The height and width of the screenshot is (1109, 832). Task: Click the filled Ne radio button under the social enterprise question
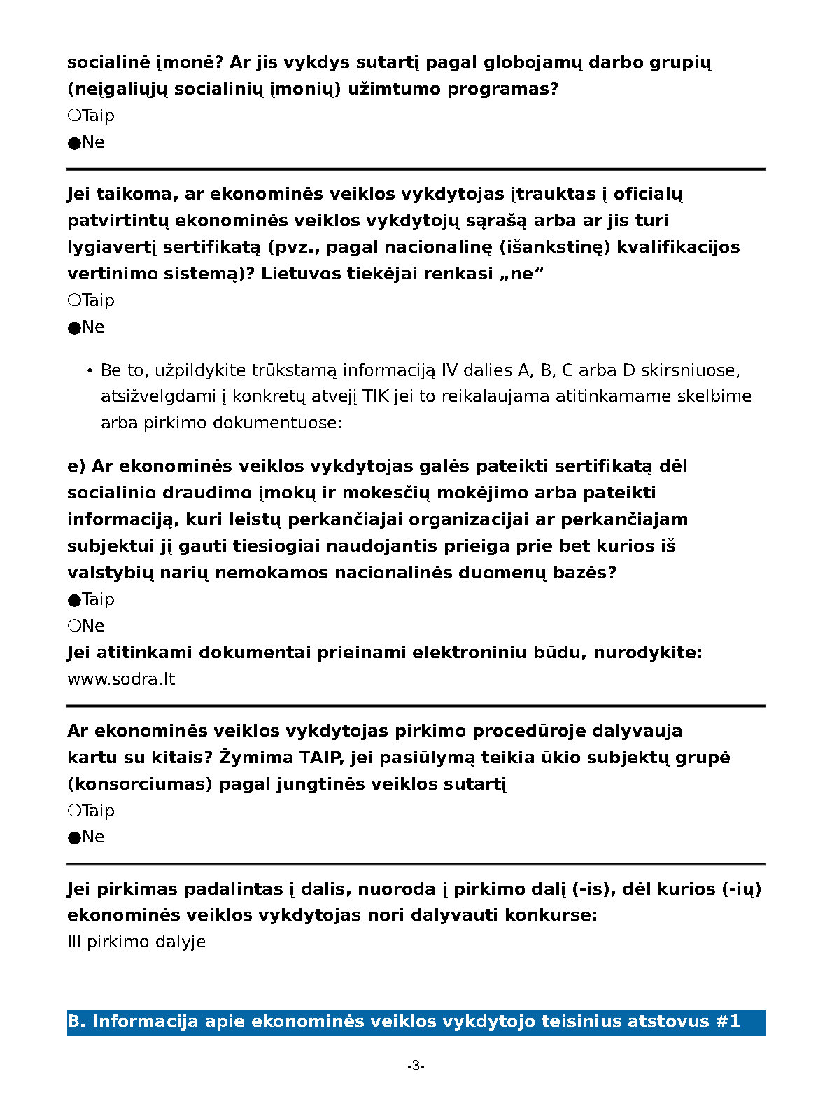pyautogui.click(x=74, y=143)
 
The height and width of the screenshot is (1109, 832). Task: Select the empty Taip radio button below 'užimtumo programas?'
pyautogui.click(x=74, y=116)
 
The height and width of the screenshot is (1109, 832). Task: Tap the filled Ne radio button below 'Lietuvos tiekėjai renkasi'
pyautogui.click(x=74, y=328)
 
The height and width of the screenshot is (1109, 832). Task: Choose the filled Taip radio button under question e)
pyautogui.click(x=74, y=600)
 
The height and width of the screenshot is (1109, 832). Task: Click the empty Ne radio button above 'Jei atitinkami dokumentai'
pyautogui.click(x=74, y=626)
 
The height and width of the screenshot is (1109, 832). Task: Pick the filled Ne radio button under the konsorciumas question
pyautogui.click(x=74, y=837)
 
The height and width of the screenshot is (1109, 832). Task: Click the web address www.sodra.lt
pyautogui.click(x=121, y=679)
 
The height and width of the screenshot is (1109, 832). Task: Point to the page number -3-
pyautogui.click(x=416, y=1066)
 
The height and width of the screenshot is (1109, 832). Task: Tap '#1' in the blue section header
pyautogui.click(x=728, y=1021)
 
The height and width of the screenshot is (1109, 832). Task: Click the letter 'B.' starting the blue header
pyautogui.click(x=76, y=1021)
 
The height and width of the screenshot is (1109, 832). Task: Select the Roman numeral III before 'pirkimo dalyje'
pyautogui.click(x=74, y=942)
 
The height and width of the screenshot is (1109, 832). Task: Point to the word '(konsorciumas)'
pyautogui.click(x=139, y=784)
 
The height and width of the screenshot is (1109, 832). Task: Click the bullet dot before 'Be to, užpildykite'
pyautogui.click(x=90, y=370)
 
